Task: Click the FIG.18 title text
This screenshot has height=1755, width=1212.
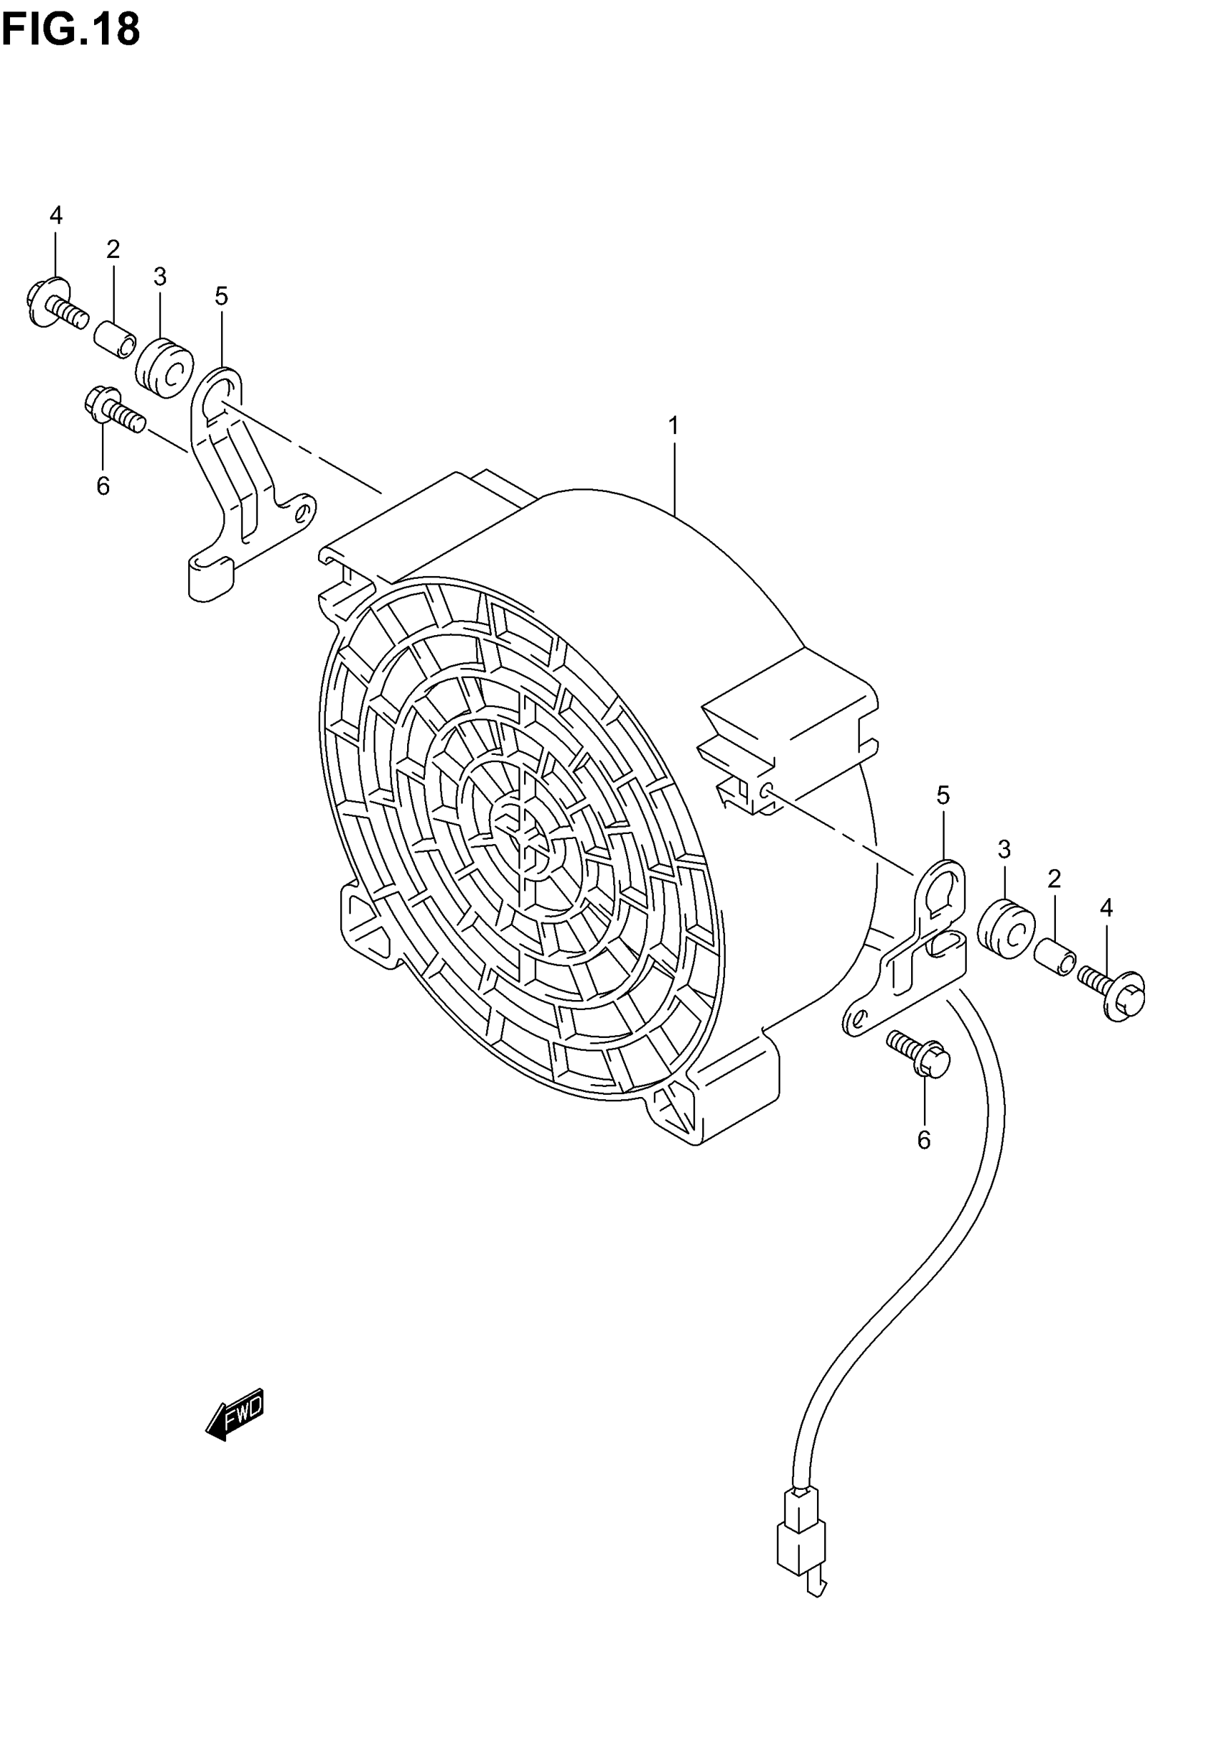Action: click(x=71, y=31)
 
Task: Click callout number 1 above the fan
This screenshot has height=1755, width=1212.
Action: click(x=673, y=426)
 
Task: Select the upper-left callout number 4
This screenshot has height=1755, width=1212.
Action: click(x=56, y=215)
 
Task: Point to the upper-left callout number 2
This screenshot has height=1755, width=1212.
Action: click(x=113, y=249)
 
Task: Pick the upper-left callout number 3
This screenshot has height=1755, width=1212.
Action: click(x=160, y=277)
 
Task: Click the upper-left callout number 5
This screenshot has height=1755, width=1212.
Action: click(x=221, y=297)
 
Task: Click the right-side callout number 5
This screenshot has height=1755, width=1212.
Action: click(x=943, y=796)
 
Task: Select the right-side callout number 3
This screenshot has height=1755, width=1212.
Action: click(x=1004, y=849)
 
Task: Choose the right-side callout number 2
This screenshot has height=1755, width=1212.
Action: click(x=1054, y=879)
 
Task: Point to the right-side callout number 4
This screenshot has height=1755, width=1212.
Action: click(x=1106, y=907)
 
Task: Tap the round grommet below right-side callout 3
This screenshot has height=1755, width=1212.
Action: click(x=1005, y=928)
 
